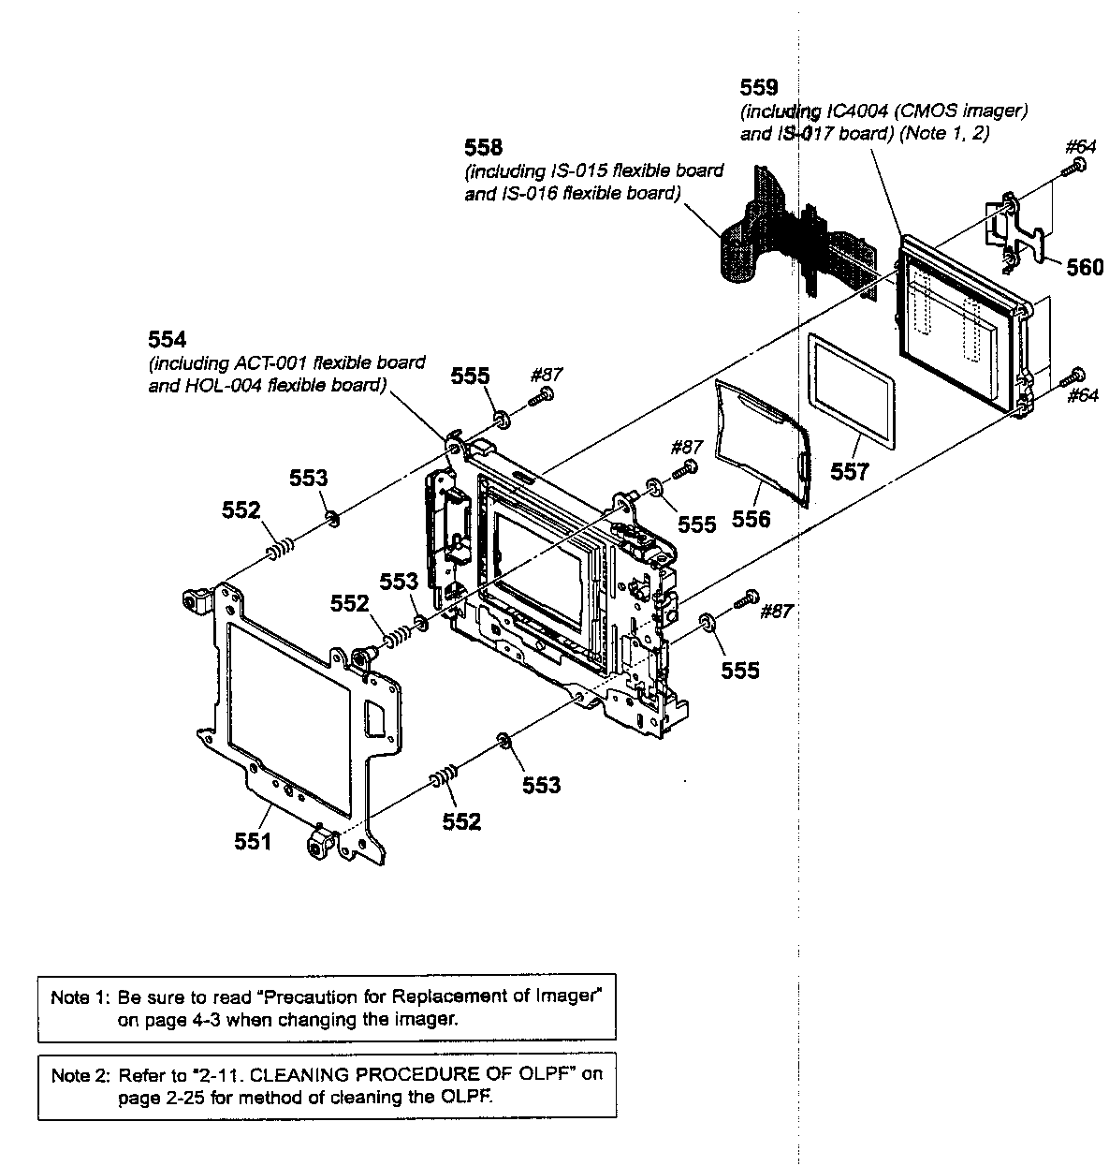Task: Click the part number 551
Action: click(253, 841)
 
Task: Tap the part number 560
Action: click(1085, 268)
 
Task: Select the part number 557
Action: click(849, 472)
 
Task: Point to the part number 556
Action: click(751, 518)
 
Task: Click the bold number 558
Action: click(483, 148)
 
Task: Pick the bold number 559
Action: click(758, 88)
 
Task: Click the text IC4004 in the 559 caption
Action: click(858, 111)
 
